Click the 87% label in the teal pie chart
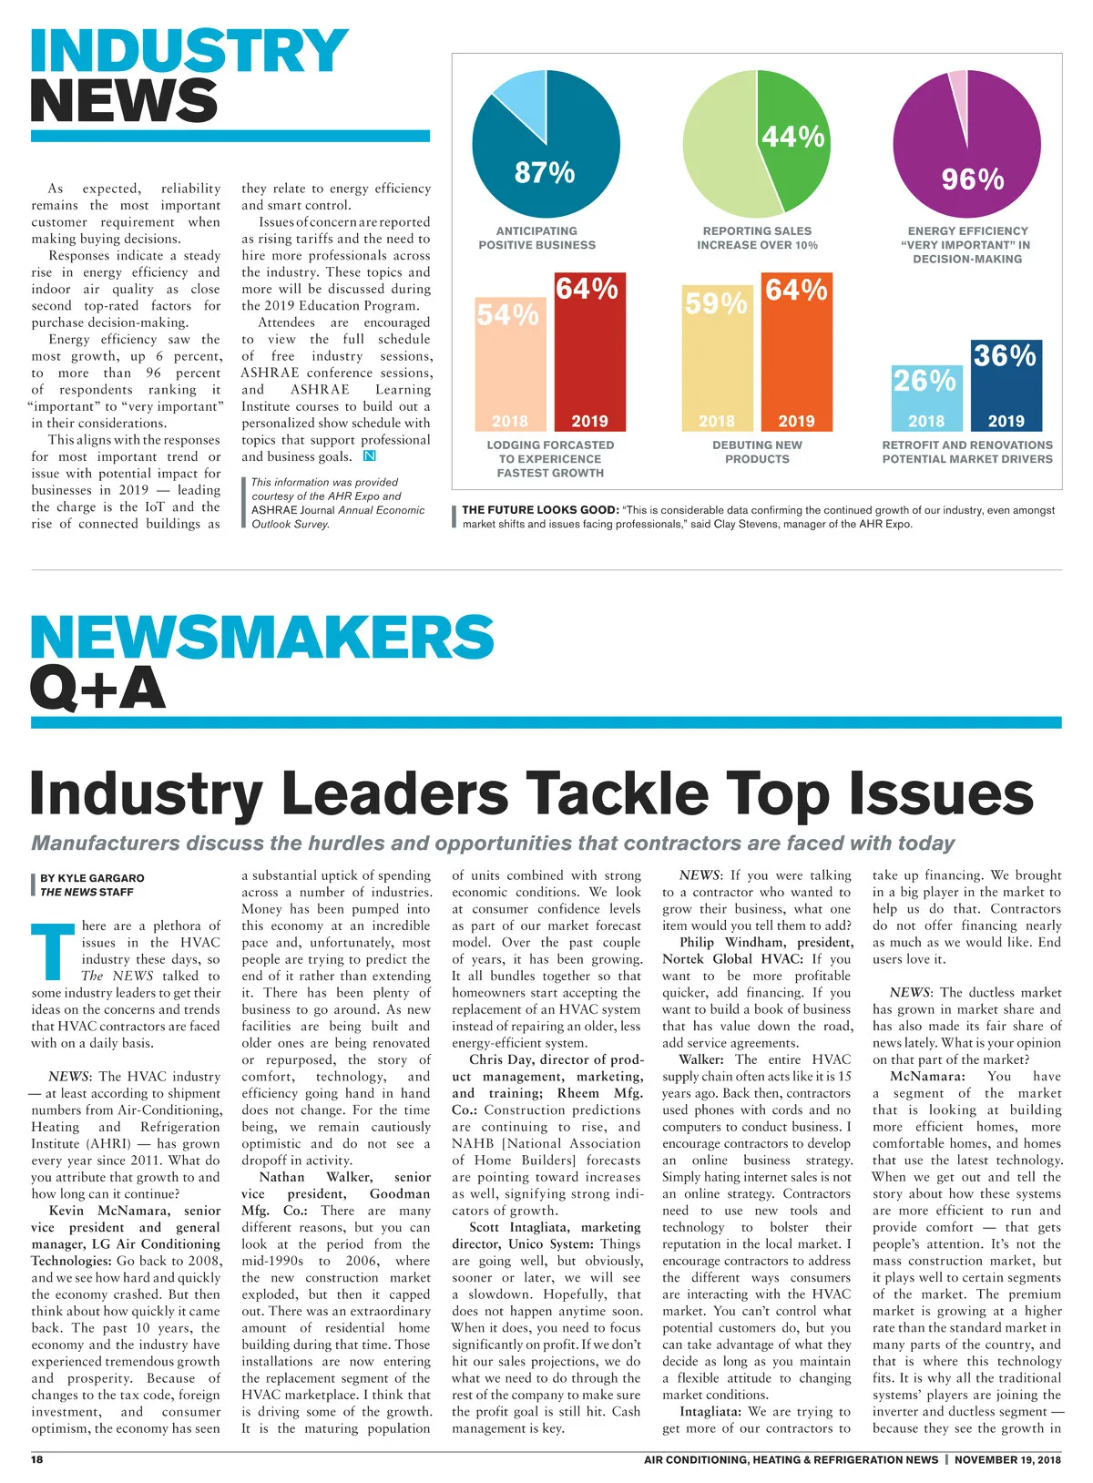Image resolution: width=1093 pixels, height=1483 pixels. [544, 172]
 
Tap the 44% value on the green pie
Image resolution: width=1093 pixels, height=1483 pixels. [792, 137]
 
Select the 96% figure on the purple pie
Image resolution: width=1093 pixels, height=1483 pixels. [972, 179]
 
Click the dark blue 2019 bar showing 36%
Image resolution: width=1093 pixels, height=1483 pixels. [1006, 387]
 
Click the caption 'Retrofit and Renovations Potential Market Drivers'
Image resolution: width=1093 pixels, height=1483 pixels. [966, 452]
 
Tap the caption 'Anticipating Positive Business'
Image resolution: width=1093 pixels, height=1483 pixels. [536, 238]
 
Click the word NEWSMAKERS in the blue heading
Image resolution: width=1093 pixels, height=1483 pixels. [262, 637]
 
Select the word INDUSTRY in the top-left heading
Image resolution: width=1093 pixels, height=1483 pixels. [189, 51]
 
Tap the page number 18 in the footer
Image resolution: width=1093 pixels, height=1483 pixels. [37, 1459]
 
